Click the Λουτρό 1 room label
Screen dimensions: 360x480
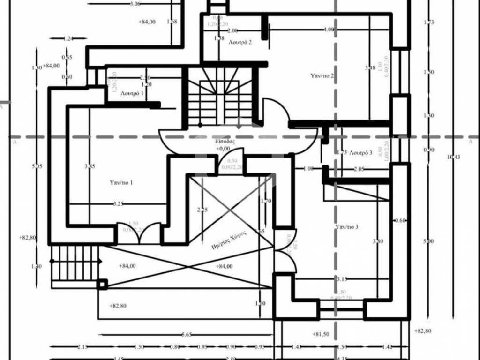pyautogui.click(x=132, y=93)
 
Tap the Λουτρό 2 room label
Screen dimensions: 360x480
pyautogui.click(x=240, y=42)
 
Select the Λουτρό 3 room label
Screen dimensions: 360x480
pyautogui.click(x=361, y=152)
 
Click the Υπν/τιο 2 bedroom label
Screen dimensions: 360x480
pyautogui.click(x=322, y=75)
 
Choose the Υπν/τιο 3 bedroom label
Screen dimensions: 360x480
pyautogui.click(x=347, y=227)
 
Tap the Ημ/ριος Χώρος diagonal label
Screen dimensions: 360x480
pyautogui.click(x=229, y=244)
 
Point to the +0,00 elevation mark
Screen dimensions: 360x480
pyautogui.click(x=223, y=149)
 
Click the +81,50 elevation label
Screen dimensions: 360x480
pyautogui.click(x=321, y=334)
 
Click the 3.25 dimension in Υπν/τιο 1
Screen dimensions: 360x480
pyautogui.click(x=118, y=204)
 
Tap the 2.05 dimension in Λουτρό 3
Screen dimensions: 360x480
pyautogui.click(x=359, y=169)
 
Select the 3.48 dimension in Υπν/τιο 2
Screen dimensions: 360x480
pyautogui.click(x=370, y=68)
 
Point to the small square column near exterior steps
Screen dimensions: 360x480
pyautogui.click(x=102, y=284)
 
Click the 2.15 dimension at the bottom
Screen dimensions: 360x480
pyautogui.click(x=82, y=347)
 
